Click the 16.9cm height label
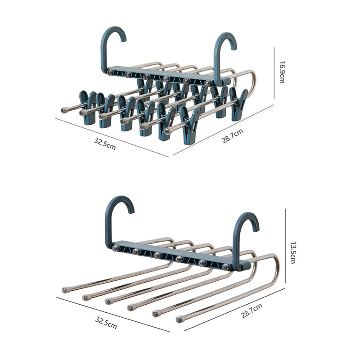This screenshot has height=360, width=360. (x=282, y=72)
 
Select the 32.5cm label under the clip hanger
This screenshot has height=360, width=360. (x=105, y=144)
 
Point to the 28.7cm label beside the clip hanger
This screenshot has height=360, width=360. (x=232, y=136)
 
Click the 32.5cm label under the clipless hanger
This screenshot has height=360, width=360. (x=106, y=323)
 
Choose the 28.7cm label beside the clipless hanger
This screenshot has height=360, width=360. (x=252, y=310)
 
